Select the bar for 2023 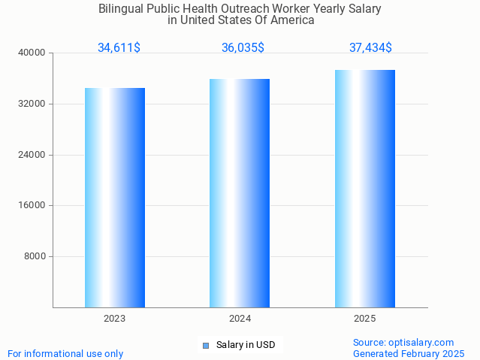(115, 198)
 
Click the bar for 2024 (240, 193)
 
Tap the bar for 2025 (365, 189)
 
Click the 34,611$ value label (119, 48)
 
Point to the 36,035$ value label (243, 48)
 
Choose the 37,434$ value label (370, 48)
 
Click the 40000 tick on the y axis (32, 53)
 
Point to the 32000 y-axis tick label (32, 104)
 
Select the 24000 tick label (32, 155)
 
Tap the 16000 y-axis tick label (32, 205)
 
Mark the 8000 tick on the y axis (35, 256)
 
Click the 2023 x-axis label (115, 319)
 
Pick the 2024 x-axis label (240, 319)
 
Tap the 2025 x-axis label (365, 319)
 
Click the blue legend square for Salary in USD (205, 346)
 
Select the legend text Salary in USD (246, 346)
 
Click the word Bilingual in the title (122, 9)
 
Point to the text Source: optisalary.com (403, 342)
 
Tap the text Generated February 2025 (409, 353)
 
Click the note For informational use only (65, 353)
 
